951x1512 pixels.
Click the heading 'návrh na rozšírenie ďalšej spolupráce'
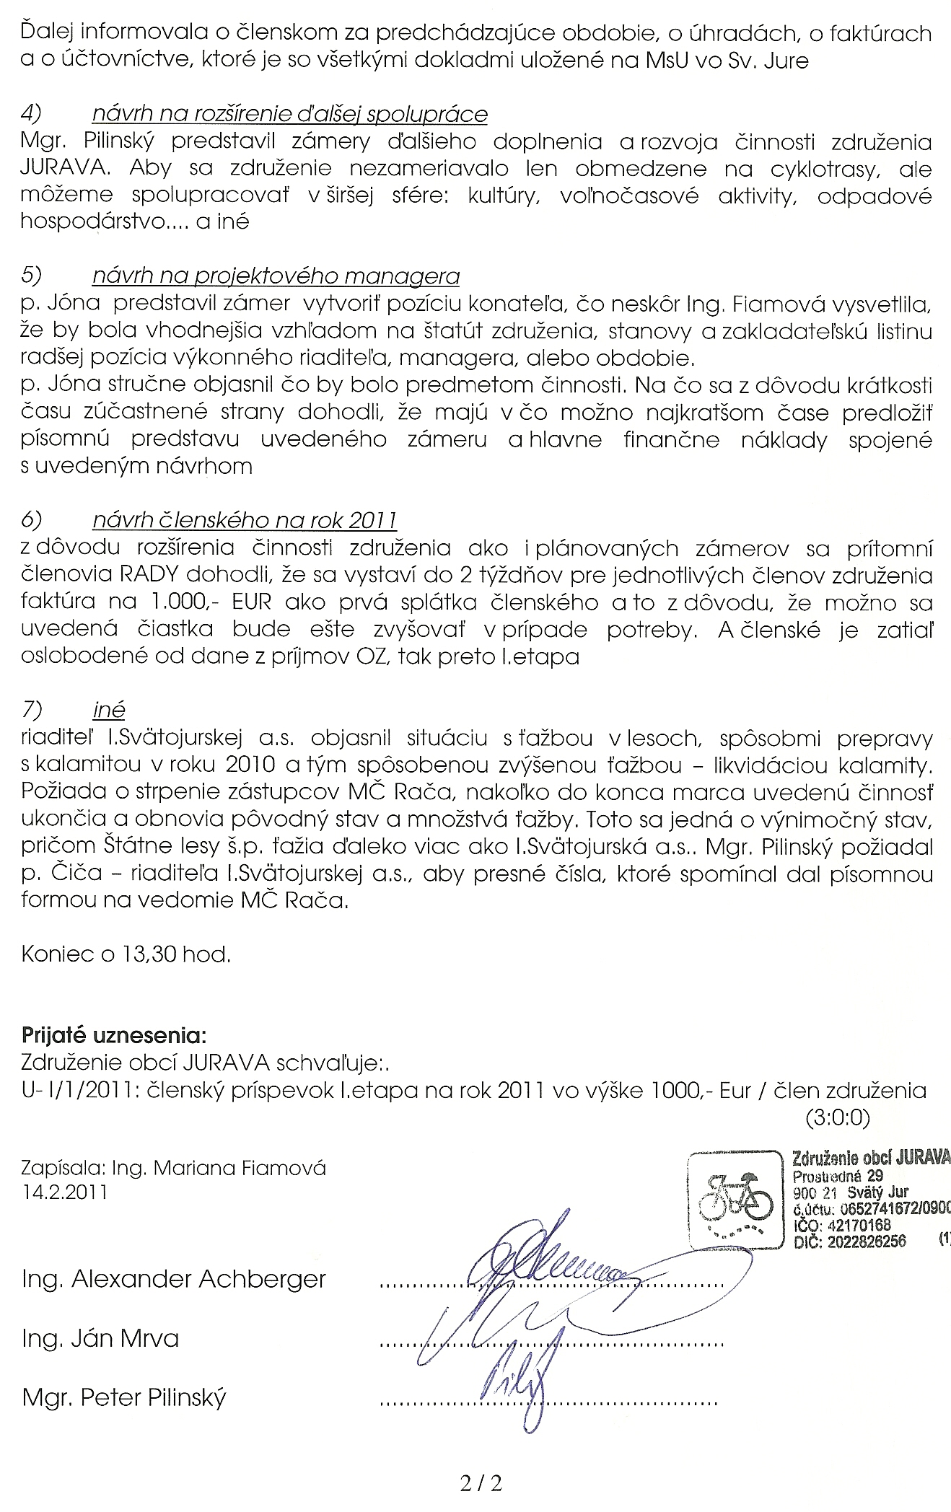(x=289, y=115)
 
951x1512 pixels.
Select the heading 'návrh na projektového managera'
(x=276, y=276)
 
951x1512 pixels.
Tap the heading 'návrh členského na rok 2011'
(x=245, y=520)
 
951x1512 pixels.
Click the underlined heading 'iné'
(x=108, y=711)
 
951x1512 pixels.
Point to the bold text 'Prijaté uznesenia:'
(x=114, y=1036)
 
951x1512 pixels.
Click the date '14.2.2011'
(x=64, y=1191)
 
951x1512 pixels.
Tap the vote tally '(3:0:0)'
(x=838, y=1117)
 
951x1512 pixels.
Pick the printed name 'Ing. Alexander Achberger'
(x=174, y=1279)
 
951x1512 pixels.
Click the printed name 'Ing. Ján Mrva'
(x=100, y=1339)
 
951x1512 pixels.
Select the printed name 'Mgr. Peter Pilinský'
(x=124, y=1398)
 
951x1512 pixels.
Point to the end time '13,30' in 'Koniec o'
(x=149, y=954)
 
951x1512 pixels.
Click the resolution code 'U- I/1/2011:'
(x=79, y=1089)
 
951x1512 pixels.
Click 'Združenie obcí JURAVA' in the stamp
(x=870, y=1159)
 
